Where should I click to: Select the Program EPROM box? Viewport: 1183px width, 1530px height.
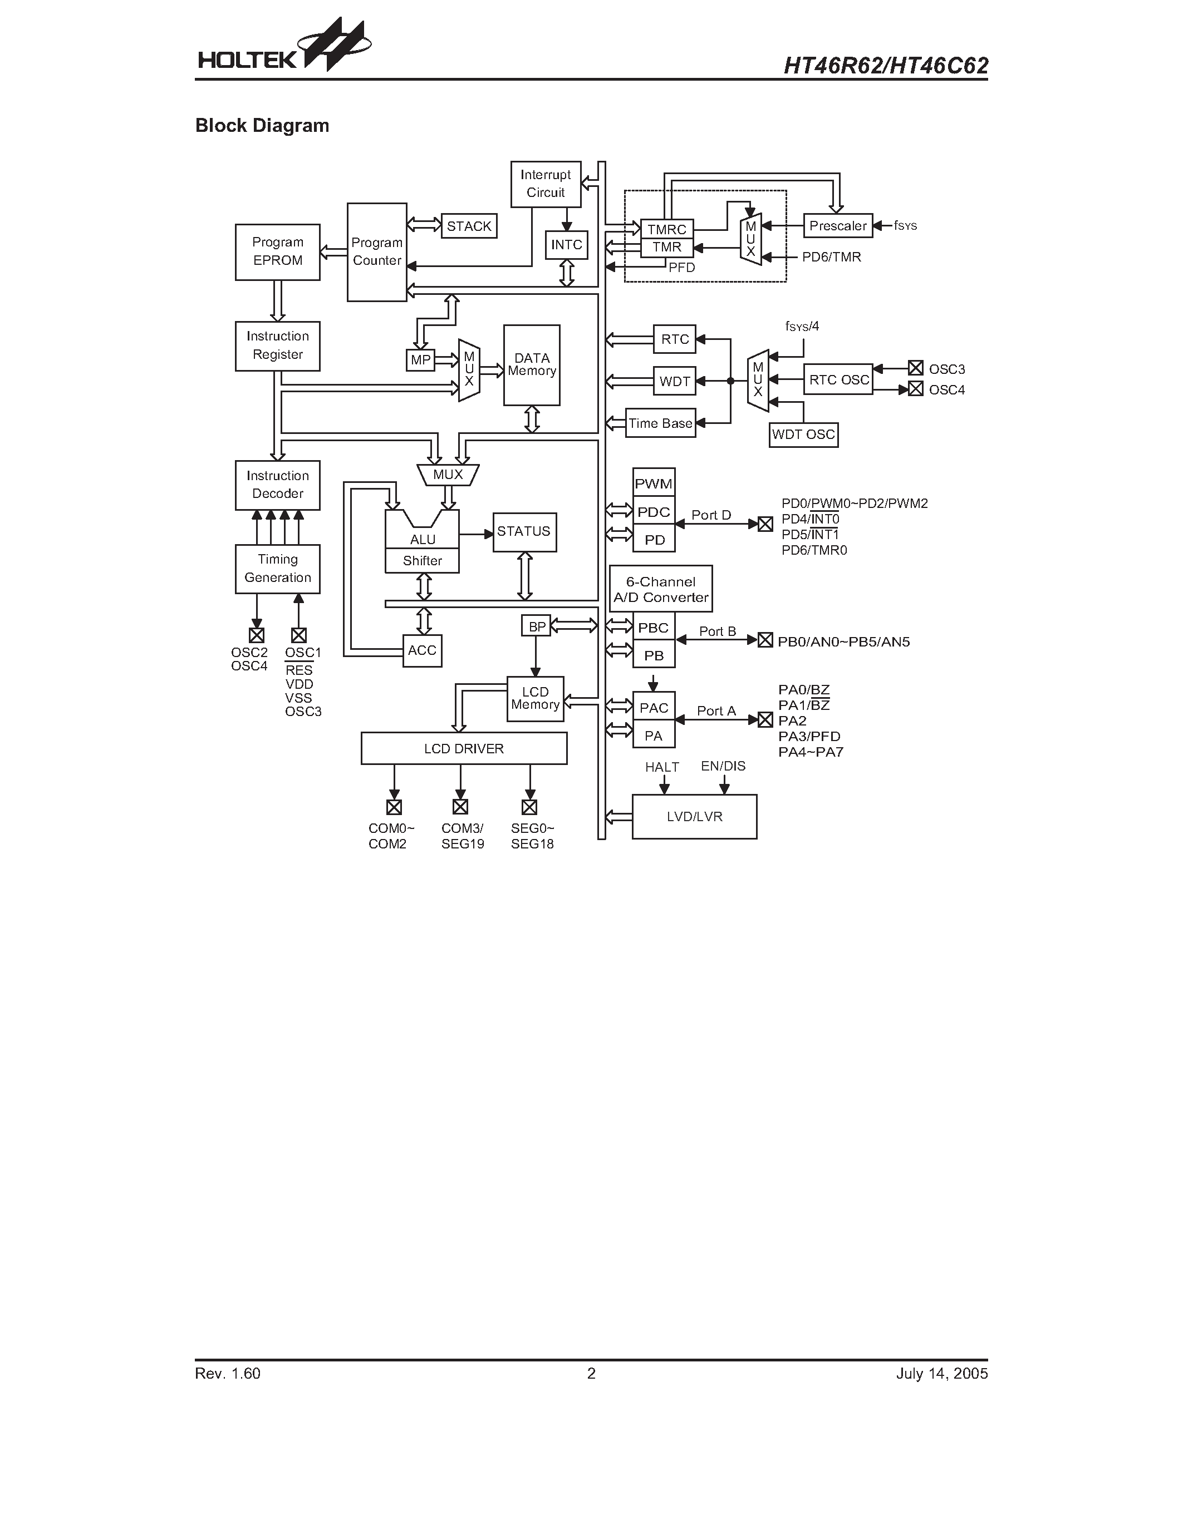(278, 252)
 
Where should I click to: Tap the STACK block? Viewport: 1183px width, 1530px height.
(469, 226)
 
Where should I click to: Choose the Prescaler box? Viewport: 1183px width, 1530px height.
(837, 225)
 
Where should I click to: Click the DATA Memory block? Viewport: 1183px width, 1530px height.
(531, 365)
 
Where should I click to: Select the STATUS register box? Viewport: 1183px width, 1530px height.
(524, 532)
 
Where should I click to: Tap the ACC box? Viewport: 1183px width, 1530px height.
(422, 651)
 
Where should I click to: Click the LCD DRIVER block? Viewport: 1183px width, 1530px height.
(463, 749)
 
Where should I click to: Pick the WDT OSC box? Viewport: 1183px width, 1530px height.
(803, 435)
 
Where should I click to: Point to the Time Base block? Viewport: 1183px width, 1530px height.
(660, 423)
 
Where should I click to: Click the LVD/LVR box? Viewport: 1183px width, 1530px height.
(694, 817)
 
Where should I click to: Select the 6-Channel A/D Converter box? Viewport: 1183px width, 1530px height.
(661, 589)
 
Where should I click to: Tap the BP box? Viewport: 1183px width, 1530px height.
(536, 625)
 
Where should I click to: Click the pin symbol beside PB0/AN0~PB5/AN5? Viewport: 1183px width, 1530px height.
(765, 640)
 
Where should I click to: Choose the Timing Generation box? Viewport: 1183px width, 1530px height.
(278, 569)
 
